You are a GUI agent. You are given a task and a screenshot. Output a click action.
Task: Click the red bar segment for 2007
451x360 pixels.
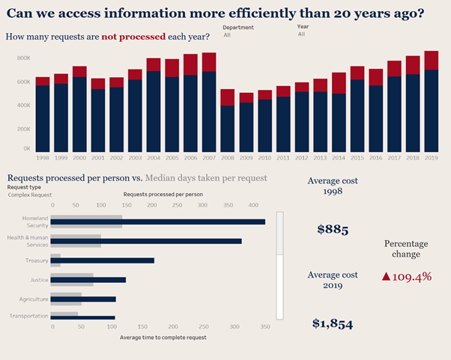click(x=209, y=62)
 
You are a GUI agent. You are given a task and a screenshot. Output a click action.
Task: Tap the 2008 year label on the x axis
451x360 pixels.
click(x=228, y=158)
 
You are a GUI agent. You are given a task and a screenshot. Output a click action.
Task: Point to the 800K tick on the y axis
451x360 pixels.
click(x=23, y=58)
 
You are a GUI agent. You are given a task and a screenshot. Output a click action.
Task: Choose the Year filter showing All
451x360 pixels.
click(x=301, y=34)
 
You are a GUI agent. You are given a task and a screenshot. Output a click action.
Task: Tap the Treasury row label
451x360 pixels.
click(x=37, y=260)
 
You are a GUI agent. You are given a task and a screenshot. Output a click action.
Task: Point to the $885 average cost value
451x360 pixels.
click(x=332, y=230)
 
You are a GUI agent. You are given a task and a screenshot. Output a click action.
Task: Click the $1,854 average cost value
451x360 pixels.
click(x=332, y=323)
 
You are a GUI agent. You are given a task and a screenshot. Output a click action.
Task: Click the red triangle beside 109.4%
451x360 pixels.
click(x=386, y=276)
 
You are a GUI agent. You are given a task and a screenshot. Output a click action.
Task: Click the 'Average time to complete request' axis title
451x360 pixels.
click(x=163, y=337)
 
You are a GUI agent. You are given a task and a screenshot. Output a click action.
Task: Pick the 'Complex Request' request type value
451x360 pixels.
click(x=30, y=195)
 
